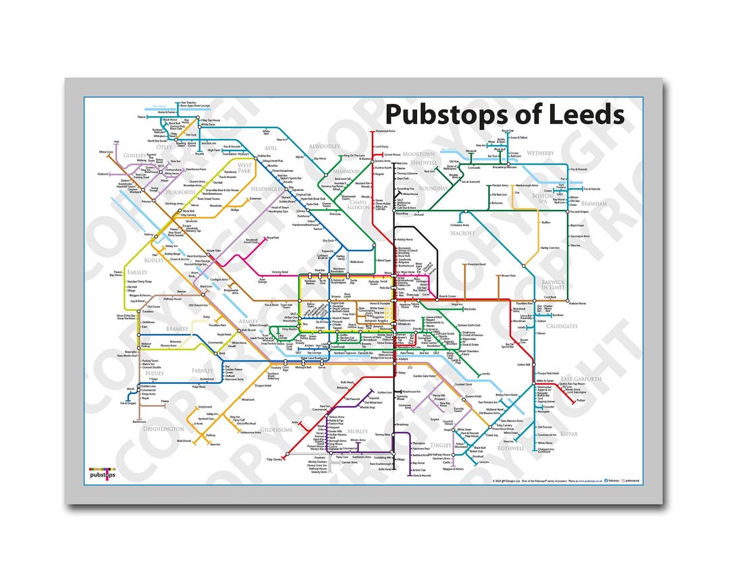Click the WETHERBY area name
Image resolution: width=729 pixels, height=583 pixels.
pyautogui.click(x=540, y=153)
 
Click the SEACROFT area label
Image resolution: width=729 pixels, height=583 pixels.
pyautogui.click(x=462, y=233)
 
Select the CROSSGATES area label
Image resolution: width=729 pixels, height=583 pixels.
pyautogui.click(x=562, y=325)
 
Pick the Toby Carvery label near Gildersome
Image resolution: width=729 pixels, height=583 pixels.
pyautogui.click(x=274, y=460)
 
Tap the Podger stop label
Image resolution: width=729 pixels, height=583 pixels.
pyautogui.click(x=581, y=399)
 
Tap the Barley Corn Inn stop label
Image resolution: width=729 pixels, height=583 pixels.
pyautogui.click(x=550, y=248)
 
